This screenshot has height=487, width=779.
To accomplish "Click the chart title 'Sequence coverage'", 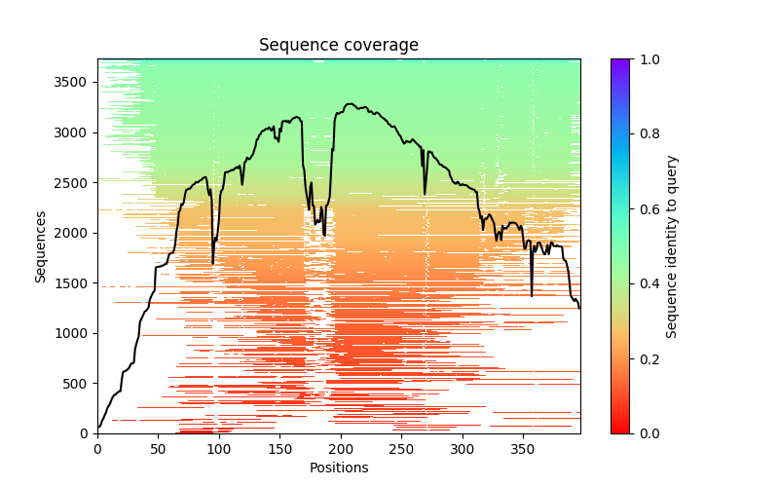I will (x=339, y=45).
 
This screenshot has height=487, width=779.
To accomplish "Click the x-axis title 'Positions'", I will (x=339, y=468).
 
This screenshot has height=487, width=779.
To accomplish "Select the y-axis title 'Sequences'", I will (x=41, y=245).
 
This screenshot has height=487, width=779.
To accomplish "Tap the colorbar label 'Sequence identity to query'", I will (x=672, y=245).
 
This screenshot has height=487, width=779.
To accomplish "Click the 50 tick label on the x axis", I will (x=158, y=448).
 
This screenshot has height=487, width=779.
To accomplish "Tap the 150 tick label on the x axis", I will (x=279, y=448).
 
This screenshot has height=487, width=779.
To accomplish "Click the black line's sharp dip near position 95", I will (x=212, y=262).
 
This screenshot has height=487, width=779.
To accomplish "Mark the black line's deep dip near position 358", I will (x=532, y=294).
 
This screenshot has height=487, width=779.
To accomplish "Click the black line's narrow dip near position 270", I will (x=425, y=193).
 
